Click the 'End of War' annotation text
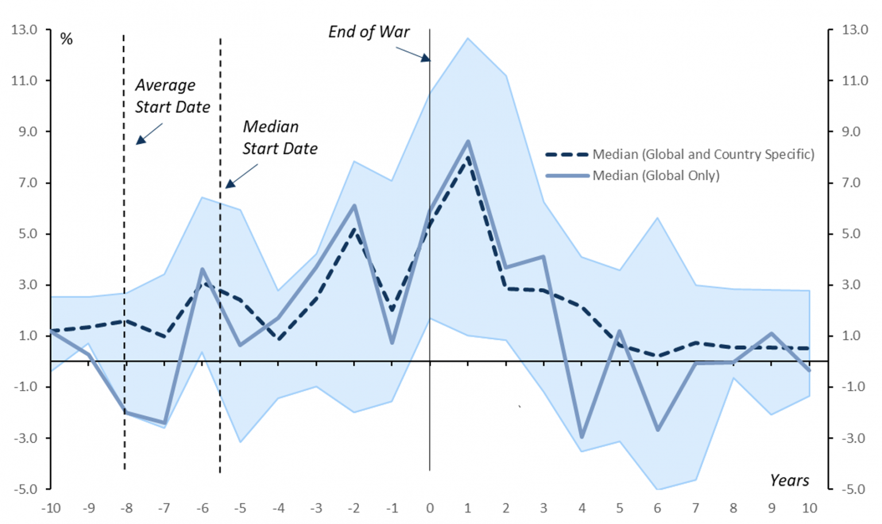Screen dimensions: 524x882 [x=369, y=32]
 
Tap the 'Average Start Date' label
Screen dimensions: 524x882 [x=172, y=96]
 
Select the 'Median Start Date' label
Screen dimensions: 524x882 [x=280, y=137]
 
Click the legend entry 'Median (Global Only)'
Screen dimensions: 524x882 [x=655, y=176]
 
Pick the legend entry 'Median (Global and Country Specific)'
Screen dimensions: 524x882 [x=703, y=154]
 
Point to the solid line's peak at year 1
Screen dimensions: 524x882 [x=468, y=141]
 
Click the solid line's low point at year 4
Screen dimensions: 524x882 [x=582, y=437]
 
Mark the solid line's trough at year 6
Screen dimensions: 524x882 [x=657, y=430]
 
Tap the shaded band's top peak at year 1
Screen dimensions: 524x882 [x=468, y=38]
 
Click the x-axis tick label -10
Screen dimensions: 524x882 [x=51, y=508]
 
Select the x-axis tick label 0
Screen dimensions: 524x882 [x=430, y=508]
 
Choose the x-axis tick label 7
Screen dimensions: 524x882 [x=695, y=508]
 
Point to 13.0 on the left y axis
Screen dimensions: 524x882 [x=24, y=29]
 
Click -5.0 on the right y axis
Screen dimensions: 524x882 [x=854, y=489]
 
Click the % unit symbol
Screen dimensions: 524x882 [x=67, y=39]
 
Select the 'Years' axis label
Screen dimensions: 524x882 [x=789, y=480]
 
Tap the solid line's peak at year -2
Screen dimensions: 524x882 [x=354, y=206]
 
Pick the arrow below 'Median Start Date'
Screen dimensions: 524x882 [x=242, y=176]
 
